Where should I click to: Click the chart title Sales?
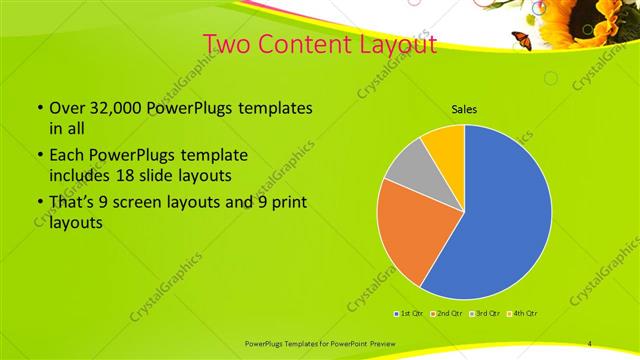463,108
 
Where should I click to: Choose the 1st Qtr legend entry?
409,313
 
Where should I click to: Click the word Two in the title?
229,44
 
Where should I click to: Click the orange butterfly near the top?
520,40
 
